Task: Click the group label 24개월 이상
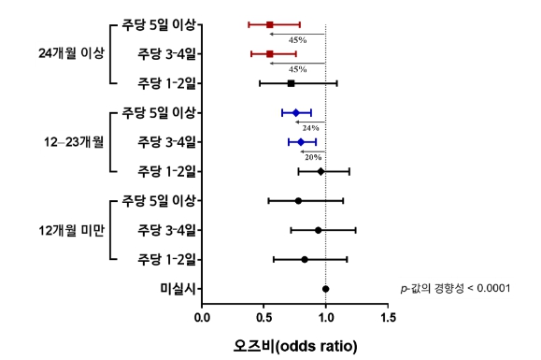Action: (68, 52)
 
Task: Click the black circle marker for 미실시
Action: (325, 289)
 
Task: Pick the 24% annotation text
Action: (311, 127)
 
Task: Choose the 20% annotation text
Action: (312, 157)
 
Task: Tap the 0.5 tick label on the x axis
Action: (264, 317)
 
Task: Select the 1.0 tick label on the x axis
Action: (325, 317)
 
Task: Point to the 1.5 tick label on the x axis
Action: (387, 317)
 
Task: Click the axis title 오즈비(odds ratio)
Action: (295, 345)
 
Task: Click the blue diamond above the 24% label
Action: (296, 113)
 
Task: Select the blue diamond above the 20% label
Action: (301, 142)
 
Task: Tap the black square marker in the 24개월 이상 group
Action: (291, 83)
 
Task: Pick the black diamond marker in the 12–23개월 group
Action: (320, 171)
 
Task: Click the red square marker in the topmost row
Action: (270, 24)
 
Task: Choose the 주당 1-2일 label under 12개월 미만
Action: (166, 259)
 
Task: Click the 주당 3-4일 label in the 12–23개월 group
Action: (166, 142)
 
